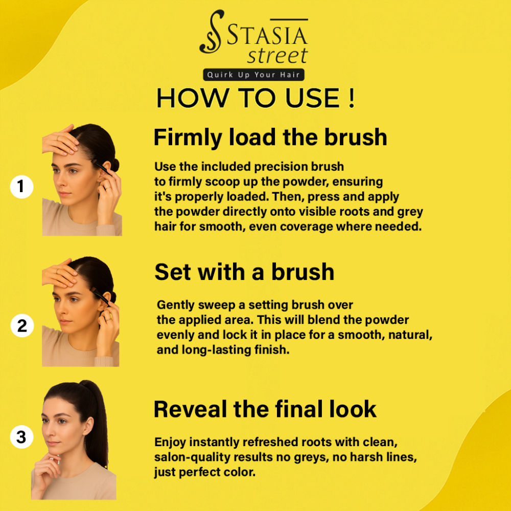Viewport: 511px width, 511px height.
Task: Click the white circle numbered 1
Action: pyautogui.click(x=21, y=187)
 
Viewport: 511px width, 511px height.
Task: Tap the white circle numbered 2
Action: pyautogui.click(x=22, y=326)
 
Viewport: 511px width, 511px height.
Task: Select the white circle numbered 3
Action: pyautogui.click(x=21, y=437)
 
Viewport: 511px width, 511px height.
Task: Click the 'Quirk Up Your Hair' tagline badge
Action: pyautogui.click(x=253, y=75)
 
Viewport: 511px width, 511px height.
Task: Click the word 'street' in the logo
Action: pyautogui.click(x=277, y=56)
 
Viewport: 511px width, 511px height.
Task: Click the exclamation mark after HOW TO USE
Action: pyautogui.click(x=351, y=98)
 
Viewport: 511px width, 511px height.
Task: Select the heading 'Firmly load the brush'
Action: pyautogui.click(x=270, y=137)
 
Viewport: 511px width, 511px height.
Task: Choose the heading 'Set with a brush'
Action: pyautogui.click(x=244, y=272)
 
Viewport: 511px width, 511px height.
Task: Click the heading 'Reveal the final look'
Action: pyautogui.click(x=265, y=409)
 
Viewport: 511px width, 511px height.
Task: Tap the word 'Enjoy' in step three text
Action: pyautogui.click(x=170, y=443)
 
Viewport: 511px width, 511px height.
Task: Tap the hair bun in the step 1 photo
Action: pyautogui.click(x=114, y=165)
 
